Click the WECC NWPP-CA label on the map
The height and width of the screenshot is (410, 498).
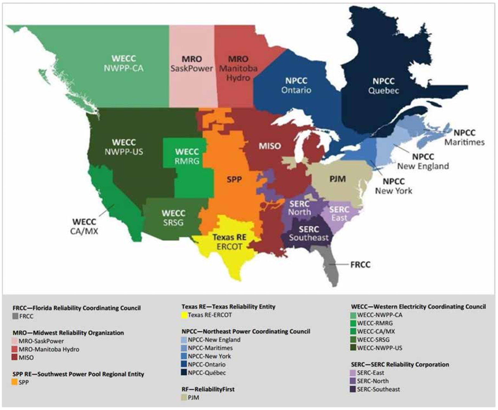124,63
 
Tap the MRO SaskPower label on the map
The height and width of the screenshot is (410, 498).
192,64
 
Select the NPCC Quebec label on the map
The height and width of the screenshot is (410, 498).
383,86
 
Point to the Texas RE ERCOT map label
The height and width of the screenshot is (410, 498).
229,242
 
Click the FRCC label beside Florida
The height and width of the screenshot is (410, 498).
360,265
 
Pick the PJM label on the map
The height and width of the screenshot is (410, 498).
337,179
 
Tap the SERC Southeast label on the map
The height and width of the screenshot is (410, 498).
309,233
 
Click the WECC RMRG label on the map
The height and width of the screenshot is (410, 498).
187,156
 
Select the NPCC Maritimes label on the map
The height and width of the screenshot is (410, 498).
464,137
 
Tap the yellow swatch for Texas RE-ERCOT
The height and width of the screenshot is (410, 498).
184,315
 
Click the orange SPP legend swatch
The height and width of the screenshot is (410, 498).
15,382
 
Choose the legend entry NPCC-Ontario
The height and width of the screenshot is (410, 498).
206,365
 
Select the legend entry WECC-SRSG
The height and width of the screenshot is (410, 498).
373,340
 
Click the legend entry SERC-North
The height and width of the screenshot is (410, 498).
372,381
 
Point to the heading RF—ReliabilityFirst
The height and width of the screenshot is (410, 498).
208,389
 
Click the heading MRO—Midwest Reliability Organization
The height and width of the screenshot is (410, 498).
68,333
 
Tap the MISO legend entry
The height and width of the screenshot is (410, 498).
26,358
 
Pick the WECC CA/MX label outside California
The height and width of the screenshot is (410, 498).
84,226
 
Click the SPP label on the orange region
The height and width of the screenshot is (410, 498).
234,180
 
